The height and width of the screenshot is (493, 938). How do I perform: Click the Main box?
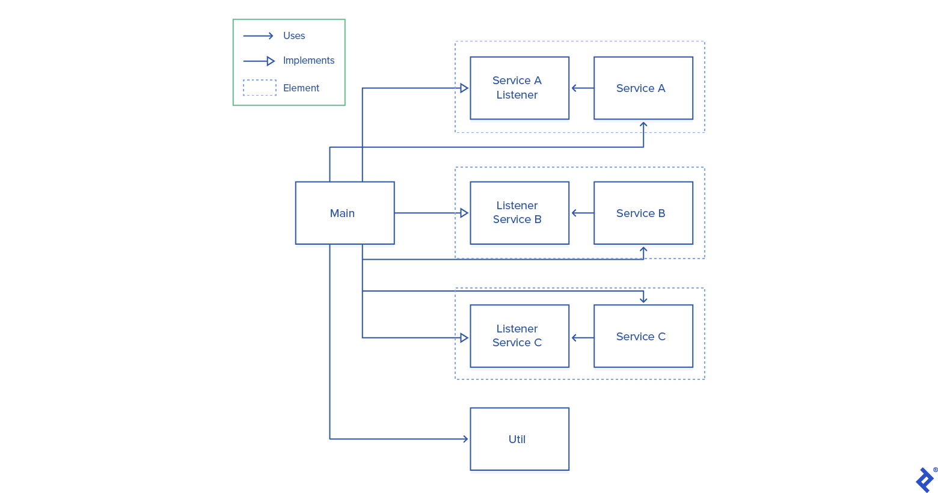pos(345,213)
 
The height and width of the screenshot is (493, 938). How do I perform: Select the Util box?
pos(519,439)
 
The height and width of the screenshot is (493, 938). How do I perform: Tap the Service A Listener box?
pos(519,88)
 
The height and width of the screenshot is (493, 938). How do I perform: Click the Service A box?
pos(643,88)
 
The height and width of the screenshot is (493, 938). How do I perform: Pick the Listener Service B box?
pos(519,213)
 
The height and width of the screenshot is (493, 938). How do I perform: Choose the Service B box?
pos(643,213)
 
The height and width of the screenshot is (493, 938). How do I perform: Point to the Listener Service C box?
pos(519,336)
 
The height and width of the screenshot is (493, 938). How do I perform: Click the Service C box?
pos(643,336)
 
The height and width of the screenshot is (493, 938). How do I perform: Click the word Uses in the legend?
pos(294,36)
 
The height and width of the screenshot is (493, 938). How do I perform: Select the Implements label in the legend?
pos(308,61)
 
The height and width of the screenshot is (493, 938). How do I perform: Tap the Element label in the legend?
pos(301,88)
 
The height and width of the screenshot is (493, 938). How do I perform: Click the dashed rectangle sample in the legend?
pos(260,88)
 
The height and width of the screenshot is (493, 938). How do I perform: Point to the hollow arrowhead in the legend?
pos(271,61)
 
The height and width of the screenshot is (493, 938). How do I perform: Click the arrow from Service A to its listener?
pos(581,88)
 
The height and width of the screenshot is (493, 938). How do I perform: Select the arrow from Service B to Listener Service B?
pos(581,213)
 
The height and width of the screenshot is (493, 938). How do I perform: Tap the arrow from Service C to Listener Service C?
pos(581,338)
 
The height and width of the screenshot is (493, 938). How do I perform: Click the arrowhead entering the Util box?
pos(465,439)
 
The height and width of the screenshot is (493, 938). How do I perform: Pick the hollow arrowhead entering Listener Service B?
pos(464,213)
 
